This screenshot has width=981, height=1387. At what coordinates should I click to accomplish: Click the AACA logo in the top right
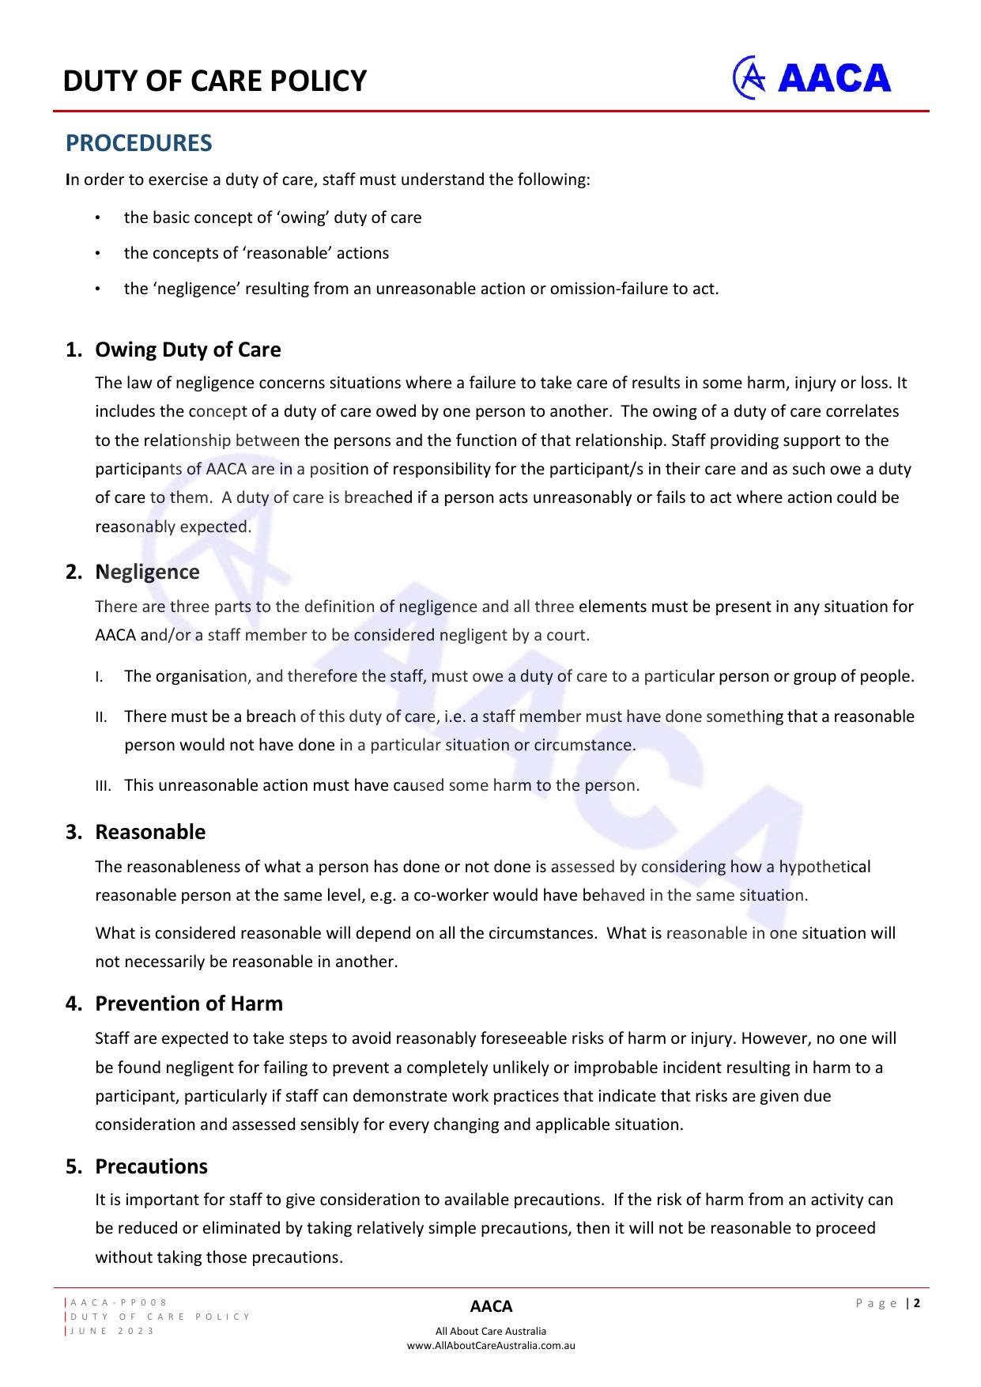click(812, 77)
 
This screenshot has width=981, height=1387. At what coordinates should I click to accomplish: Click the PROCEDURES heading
click(138, 143)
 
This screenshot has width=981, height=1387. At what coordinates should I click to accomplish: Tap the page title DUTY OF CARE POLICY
click(215, 81)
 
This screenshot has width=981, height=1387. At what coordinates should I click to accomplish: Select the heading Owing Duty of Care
click(187, 350)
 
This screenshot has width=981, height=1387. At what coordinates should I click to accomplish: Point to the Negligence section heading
click(147, 572)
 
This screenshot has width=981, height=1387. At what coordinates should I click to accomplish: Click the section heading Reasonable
click(150, 832)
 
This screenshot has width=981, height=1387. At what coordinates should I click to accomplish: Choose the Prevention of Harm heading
click(189, 1003)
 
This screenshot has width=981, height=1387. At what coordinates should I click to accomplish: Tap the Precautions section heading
click(151, 1166)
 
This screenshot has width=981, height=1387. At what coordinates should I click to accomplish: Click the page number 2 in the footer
click(918, 1303)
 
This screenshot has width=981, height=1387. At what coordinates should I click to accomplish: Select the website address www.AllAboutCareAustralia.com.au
click(491, 1345)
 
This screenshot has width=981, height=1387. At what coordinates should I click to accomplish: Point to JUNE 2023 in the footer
click(112, 1331)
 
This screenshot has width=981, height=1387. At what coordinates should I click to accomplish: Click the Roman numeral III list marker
click(103, 786)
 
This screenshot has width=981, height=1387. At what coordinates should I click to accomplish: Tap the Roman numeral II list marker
click(101, 717)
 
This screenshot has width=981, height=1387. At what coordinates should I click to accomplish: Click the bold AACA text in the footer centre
click(491, 1306)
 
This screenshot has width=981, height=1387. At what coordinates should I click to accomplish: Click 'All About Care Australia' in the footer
click(491, 1331)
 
